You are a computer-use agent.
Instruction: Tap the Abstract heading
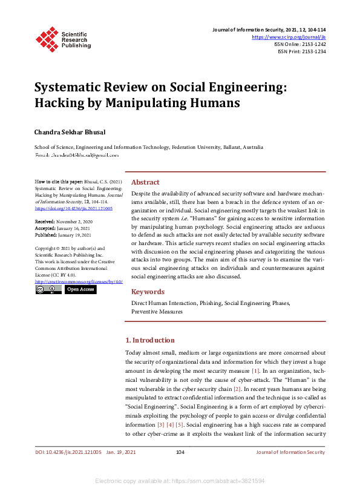point(145,182)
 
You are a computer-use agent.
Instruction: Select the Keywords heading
point(148,292)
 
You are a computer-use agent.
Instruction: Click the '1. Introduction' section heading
point(150,340)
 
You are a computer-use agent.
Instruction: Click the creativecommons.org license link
point(79,281)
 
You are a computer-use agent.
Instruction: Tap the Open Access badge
point(80,289)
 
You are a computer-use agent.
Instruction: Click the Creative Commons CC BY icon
point(48,289)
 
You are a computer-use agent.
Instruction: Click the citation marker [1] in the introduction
point(256,370)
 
